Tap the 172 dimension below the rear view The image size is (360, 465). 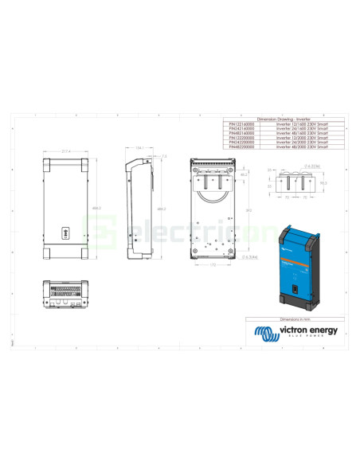(x=214, y=264)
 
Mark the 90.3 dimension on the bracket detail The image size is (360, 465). (x=324, y=182)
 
